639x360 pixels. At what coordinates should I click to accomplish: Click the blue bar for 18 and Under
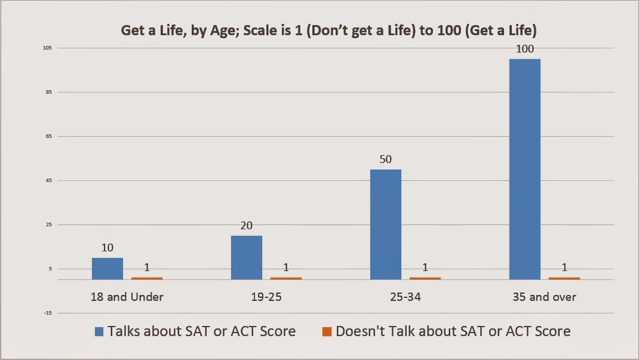point(107,269)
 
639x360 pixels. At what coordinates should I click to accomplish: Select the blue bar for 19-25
point(247,258)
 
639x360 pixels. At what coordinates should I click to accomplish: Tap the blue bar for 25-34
point(386,224)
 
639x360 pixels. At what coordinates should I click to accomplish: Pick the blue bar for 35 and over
point(525,170)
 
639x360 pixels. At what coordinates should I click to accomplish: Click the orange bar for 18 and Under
point(147,279)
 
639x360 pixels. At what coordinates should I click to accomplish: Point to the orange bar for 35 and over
point(564,279)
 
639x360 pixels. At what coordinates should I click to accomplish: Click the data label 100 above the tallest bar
point(525,49)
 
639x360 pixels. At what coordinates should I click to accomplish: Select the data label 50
point(386,159)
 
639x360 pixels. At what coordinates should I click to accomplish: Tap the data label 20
point(247,226)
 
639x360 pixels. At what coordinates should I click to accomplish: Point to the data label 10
point(107,248)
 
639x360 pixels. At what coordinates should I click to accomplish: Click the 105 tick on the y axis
point(47,48)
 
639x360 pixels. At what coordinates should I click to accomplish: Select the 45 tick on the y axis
point(49,180)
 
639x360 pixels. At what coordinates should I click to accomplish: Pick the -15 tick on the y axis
point(48,313)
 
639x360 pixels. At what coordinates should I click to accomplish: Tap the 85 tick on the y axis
point(49,92)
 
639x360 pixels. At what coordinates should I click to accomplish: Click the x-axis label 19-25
point(266,297)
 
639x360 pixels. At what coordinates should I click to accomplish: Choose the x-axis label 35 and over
point(545,297)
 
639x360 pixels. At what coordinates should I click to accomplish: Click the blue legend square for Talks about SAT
point(99,331)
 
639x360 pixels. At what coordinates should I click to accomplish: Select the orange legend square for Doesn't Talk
point(327,331)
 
